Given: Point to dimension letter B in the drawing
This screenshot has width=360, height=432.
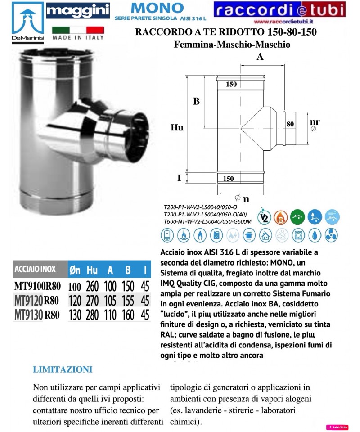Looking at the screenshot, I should pyautogui.click(x=196, y=102).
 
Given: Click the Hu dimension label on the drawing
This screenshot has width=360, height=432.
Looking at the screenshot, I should pyautogui.click(x=177, y=128).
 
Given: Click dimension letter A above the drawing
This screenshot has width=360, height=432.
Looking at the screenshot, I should pyautogui.click(x=260, y=57).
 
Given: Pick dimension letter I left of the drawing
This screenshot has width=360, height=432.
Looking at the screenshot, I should pyautogui.click(x=179, y=178).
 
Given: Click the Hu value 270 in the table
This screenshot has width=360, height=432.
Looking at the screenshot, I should pyautogui.click(x=92, y=301).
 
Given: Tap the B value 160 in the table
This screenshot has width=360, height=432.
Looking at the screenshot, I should pyautogui.click(x=128, y=315).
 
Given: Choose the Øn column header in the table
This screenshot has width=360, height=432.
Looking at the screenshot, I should pyautogui.click(x=75, y=270).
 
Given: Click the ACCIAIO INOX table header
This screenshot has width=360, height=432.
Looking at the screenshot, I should pyautogui.click(x=35, y=270).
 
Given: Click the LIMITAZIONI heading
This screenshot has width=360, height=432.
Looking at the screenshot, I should pyautogui.click(x=63, y=370).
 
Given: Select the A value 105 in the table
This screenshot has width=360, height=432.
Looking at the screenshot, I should pyautogui.click(x=110, y=301).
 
